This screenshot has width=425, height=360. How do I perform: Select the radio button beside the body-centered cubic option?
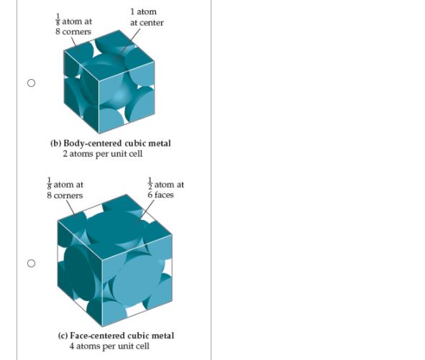coord(30,83)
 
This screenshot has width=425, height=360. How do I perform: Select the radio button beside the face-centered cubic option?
coord(30,263)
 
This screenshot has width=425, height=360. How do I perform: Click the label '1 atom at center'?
coord(146,17)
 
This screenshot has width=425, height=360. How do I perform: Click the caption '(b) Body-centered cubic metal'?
coord(111,143)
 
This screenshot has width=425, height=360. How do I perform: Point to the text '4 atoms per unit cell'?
coord(109,346)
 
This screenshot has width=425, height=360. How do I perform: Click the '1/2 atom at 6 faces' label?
coord(165,189)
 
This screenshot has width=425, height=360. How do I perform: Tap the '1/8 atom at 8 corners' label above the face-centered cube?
coord(64,190)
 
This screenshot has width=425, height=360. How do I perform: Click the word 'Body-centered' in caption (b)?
coord(91,143)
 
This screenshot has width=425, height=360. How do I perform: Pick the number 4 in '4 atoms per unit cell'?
coord(72,346)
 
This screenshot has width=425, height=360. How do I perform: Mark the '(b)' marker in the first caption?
coord(55,143)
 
